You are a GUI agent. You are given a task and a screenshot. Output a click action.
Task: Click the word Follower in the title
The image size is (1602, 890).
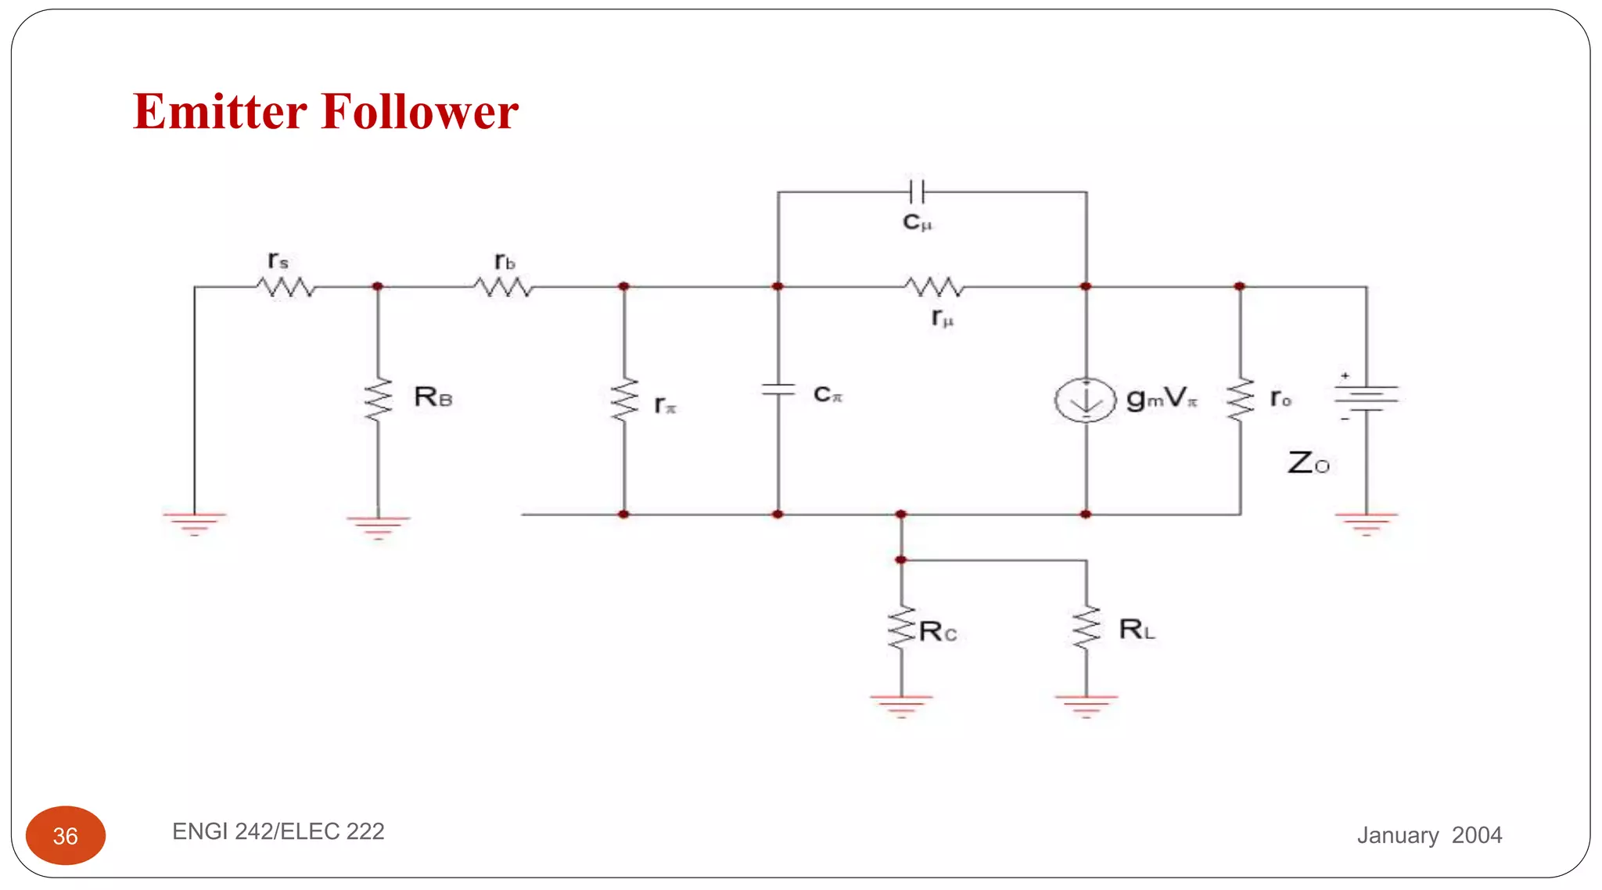(x=419, y=112)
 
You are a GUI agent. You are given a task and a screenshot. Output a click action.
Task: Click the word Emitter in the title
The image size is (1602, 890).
(x=220, y=112)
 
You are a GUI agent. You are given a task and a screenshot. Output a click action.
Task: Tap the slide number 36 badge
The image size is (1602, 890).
(x=66, y=835)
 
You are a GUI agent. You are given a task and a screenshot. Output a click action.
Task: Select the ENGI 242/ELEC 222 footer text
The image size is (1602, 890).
(x=278, y=831)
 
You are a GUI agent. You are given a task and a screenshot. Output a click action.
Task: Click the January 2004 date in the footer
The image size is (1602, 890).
(x=1429, y=835)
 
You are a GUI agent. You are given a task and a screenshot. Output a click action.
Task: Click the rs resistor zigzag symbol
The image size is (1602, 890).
(x=286, y=288)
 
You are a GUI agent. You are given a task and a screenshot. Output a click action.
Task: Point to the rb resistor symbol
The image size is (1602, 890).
(x=503, y=288)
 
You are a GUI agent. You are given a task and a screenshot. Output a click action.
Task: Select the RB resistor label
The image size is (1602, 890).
(x=433, y=397)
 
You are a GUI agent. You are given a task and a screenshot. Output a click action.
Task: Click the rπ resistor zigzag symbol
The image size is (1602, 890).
(x=624, y=400)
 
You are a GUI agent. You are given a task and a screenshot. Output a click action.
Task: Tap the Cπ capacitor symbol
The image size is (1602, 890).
(x=778, y=389)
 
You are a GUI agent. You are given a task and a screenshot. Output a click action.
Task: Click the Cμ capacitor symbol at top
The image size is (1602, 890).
(x=917, y=191)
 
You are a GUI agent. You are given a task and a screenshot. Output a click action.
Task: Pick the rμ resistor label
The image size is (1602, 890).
(x=942, y=318)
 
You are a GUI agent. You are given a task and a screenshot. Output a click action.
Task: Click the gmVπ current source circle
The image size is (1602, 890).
(x=1085, y=400)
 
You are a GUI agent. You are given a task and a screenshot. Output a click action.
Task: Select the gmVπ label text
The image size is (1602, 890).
(x=1161, y=399)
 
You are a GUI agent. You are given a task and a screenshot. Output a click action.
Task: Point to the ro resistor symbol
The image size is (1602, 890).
(x=1240, y=400)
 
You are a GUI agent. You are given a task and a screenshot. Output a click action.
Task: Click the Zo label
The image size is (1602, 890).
(x=1308, y=463)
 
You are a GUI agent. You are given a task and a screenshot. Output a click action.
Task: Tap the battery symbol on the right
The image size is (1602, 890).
(x=1366, y=397)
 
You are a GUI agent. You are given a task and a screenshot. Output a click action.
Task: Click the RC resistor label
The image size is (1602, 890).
(x=937, y=631)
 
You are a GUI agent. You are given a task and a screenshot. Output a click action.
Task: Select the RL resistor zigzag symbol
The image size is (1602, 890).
(x=1086, y=627)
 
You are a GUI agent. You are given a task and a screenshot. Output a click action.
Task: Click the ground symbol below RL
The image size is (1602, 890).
(x=1086, y=705)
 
